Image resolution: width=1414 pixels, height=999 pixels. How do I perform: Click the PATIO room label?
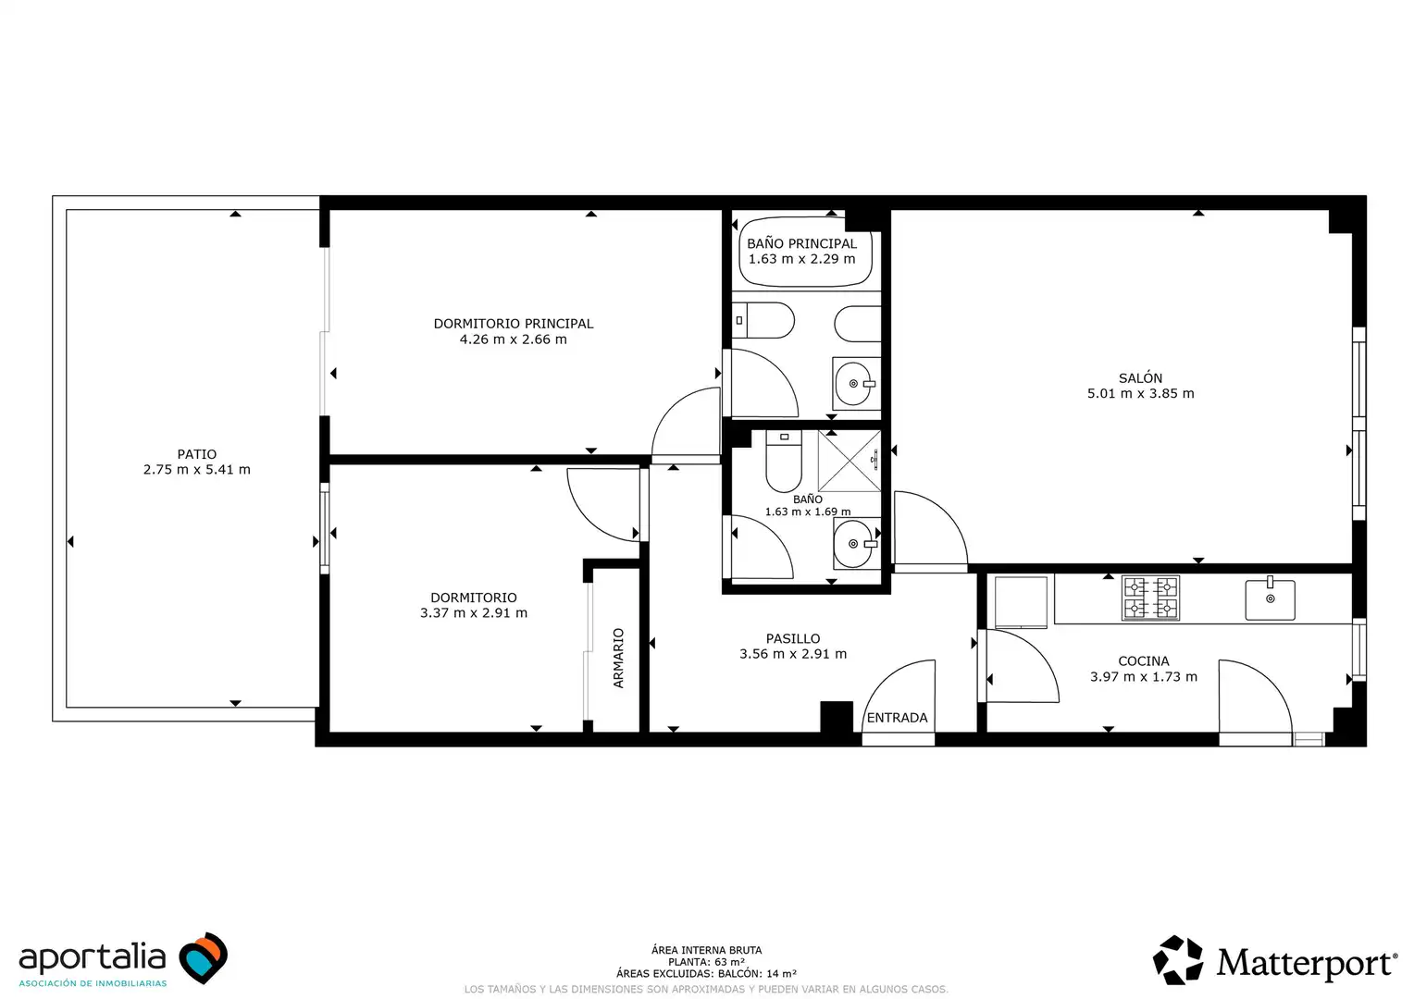click(x=196, y=454)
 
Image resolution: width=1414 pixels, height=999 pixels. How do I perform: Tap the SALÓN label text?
click(x=1140, y=378)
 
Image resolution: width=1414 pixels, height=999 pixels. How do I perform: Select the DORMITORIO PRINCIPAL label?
click(x=514, y=324)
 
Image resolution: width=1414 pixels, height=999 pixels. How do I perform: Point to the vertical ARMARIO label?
click(x=618, y=659)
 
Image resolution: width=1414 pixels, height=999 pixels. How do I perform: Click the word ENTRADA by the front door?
click(x=897, y=718)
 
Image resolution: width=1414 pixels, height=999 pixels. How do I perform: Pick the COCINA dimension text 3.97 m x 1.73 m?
click(x=1143, y=676)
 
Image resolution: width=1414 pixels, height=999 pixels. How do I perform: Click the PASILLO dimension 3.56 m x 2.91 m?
click(x=793, y=654)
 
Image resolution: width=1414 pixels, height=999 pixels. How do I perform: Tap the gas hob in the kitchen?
click(x=1150, y=597)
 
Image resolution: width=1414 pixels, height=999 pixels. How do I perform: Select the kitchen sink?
click(x=1270, y=598)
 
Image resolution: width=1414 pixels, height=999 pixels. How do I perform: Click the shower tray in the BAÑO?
click(x=849, y=461)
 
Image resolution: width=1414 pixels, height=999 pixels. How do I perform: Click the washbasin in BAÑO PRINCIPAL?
click(x=856, y=384)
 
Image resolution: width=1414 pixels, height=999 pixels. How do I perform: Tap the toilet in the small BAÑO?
click(x=784, y=462)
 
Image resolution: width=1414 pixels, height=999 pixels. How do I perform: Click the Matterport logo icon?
click(x=1178, y=960)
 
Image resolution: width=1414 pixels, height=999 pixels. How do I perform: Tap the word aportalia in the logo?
click(x=93, y=957)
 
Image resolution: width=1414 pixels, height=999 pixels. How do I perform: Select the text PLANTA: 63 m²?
click(x=706, y=962)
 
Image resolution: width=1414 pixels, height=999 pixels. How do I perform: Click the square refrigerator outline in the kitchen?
click(x=1021, y=602)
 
